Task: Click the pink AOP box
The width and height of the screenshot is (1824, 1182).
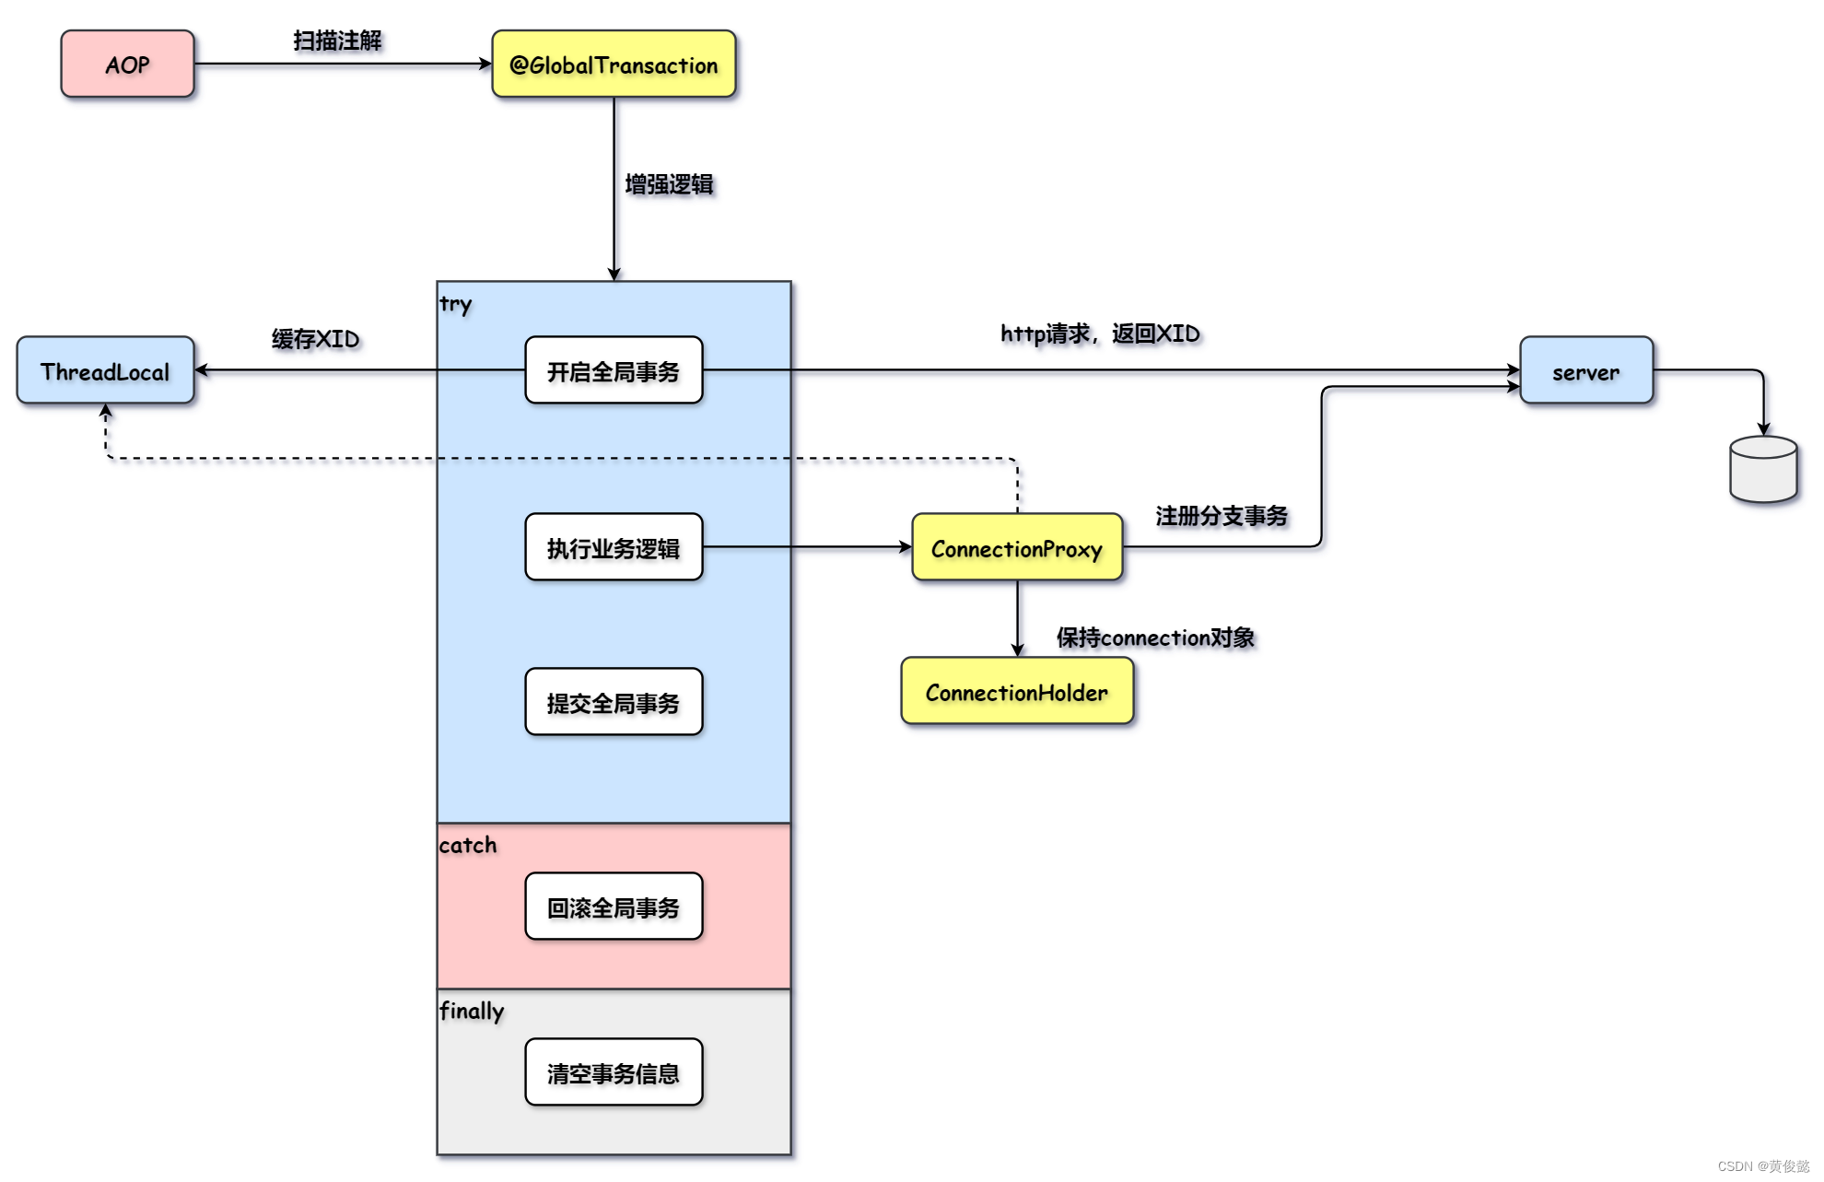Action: point(128,64)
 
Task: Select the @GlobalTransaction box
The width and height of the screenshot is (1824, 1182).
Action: point(614,64)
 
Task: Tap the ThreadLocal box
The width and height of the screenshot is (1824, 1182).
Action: point(106,370)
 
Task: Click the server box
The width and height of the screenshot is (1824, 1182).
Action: point(1586,370)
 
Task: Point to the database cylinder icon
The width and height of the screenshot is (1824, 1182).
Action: point(1763,470)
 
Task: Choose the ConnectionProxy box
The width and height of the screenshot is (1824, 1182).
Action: point(1017,547)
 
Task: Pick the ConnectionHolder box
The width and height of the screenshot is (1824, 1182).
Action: point(1017,691)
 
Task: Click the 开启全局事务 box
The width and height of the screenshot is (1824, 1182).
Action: point(614,370)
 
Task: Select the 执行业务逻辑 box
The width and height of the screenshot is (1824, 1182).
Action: point(614,547)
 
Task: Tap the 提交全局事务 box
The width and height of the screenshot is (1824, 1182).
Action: point(614,702)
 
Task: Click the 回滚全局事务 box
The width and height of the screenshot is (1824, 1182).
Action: point(614,907)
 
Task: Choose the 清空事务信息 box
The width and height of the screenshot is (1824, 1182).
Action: point(614,1072)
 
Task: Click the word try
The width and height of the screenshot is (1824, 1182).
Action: point(456,304)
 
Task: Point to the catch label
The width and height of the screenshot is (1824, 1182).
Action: point(468,845)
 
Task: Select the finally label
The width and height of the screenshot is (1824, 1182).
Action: point(472,1012)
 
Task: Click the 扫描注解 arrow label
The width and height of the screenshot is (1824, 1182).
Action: point(337,41)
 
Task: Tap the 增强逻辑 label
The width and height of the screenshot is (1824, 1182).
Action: point(670,184)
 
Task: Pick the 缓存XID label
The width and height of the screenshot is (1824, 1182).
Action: point(316,339)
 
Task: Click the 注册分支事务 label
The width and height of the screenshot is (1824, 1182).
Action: point(1222,516)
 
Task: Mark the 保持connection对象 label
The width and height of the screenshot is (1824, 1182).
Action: point(1156,638)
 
